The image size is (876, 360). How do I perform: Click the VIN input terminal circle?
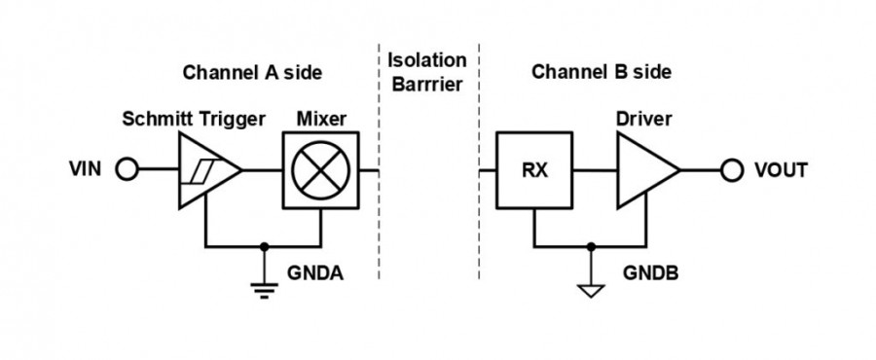(x=127, y=170)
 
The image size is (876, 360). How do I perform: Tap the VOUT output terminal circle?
(x=733, y=170)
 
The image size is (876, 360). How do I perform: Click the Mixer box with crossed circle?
(x=320, y=170)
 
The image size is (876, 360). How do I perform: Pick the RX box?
(x=533, y=170)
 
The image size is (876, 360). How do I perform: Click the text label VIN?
(x=86, y=170)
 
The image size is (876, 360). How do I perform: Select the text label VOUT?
(x=781, y=170)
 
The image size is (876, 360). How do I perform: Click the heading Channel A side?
(x=252, y=72)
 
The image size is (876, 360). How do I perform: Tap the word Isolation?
(x=427, y=60)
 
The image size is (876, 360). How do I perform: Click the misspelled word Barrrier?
(x=427, y=84)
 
